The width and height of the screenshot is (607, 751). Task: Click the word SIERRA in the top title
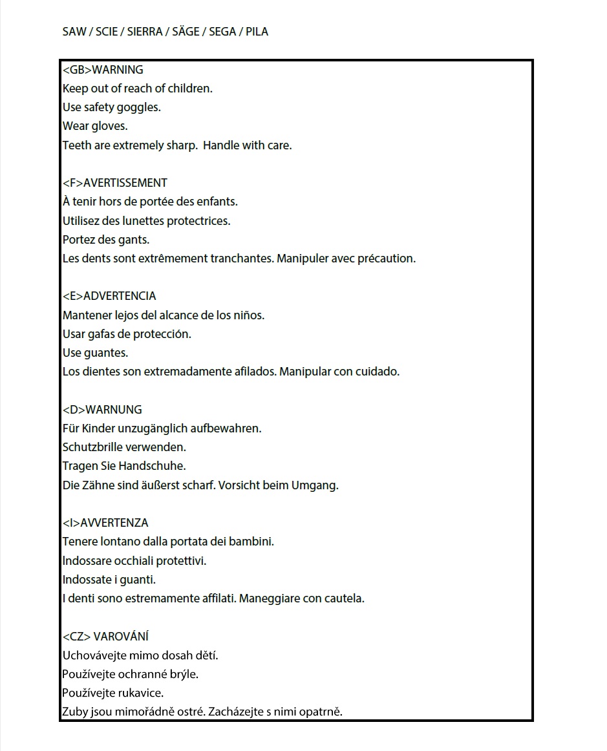[x=144, y=32]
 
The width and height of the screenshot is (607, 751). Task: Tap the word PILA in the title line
[x=257, y=32]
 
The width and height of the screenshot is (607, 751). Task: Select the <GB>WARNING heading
[x=103, y=70]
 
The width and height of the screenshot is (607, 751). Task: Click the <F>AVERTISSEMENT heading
[x=115, y=183]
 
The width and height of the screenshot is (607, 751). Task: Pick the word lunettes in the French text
[x=138, y=221]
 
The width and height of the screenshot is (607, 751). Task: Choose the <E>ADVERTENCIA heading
[x=109, y=296]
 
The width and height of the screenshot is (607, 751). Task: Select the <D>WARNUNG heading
[x=102, y=410]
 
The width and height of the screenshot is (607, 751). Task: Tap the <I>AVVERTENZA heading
[x=105, y=523]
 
